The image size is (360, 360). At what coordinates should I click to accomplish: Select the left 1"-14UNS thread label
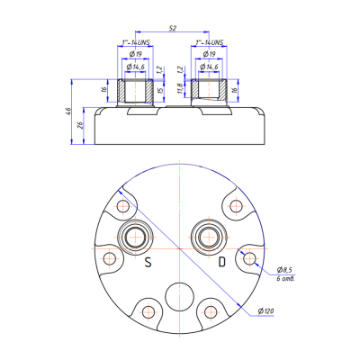point(137,42)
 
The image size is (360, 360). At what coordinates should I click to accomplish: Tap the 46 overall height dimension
point(69,112)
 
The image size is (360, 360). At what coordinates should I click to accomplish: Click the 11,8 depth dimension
point(181,90)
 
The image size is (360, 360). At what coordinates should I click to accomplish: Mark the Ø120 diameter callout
point(265,310)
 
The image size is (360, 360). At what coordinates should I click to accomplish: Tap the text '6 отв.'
point(285,280)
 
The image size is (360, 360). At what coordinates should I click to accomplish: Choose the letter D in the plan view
point(220,263)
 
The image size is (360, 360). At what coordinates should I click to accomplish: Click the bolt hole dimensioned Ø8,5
point(250,259)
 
